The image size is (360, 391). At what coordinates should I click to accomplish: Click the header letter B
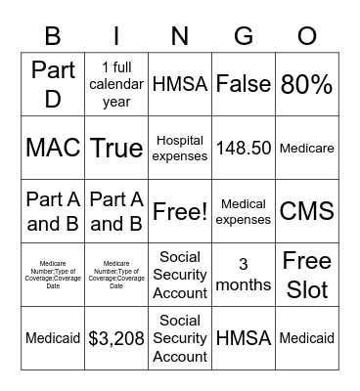53,37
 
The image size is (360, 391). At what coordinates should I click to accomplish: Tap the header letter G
244,37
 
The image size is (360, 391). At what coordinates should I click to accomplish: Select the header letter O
307,37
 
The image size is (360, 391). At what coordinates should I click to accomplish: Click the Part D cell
53,84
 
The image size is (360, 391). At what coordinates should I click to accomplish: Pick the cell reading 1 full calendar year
116,84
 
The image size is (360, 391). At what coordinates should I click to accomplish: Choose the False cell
244,84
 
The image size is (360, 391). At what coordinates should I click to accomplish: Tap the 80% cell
307,84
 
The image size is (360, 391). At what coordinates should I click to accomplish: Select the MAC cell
53,148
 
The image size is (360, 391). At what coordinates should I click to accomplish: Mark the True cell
116,148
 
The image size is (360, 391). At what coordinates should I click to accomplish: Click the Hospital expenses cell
180,148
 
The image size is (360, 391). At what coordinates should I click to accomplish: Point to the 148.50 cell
244,148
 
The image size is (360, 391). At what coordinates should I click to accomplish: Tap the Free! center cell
180,211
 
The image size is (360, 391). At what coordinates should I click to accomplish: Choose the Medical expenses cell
244,211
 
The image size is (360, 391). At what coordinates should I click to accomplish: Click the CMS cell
307,211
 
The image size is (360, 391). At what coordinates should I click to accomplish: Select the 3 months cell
244,275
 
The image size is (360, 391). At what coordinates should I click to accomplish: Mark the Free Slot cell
307,275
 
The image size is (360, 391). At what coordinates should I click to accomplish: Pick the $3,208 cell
116,338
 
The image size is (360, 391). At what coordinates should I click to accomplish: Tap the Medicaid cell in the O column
307,338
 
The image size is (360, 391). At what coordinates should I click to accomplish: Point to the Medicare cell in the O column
307,148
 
